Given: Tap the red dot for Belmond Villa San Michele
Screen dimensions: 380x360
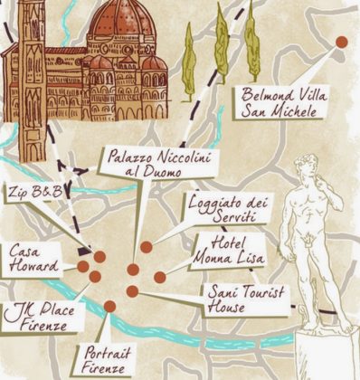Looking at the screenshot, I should click(x=342, y=42).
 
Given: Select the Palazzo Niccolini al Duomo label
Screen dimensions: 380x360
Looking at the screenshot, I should click(x=160, y=163).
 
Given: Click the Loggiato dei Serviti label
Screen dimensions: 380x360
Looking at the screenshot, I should click(x=223, y=209).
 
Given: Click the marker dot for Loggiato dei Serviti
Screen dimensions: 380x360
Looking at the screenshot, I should click(x=147, y=246).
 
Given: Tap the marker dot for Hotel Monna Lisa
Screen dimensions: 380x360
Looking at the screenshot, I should click(x=159, y=277).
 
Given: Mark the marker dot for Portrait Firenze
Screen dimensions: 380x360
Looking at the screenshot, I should click(x=109, y=306).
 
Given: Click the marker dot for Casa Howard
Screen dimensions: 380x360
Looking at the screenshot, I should click(x=82, y=267).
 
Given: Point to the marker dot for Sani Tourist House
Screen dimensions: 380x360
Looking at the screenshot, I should click(x=132, y=291).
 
